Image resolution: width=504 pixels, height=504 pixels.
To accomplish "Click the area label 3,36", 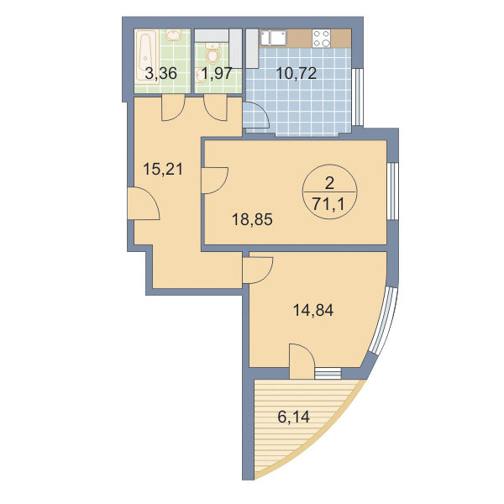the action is [x=161, y=74].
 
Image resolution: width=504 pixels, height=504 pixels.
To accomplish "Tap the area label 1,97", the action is [x=216, y=74].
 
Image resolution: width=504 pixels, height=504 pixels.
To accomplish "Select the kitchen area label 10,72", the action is [x=297, y=74].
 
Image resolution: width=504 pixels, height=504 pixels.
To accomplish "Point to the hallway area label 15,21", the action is [x=163, y=169].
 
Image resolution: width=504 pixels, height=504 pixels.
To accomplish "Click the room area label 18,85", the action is [x=252, y=220].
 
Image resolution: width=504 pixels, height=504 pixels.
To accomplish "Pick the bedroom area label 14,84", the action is [x=313, y=311].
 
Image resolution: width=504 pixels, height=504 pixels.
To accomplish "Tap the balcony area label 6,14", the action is [x=294, y=417].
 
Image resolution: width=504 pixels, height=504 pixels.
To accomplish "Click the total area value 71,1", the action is [x=328, y=204].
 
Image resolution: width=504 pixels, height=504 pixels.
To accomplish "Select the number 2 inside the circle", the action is [x=330, y=183].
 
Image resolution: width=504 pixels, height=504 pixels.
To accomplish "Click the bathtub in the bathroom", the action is [x=146, y=57].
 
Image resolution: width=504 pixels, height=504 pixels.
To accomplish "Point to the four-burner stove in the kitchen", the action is [x=322, y=39].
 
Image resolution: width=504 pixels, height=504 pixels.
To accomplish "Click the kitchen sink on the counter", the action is [x=273, y=38].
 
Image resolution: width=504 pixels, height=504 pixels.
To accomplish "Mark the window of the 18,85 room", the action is [x=392, y=192].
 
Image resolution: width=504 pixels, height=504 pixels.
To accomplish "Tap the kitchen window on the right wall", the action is [x=357, y=97].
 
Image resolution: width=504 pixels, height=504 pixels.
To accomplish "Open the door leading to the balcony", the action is [x=302, y=361].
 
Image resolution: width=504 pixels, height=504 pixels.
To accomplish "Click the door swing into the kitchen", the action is [x=256, y=115].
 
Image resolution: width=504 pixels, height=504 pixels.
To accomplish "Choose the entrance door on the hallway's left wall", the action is [x=144, y=204].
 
